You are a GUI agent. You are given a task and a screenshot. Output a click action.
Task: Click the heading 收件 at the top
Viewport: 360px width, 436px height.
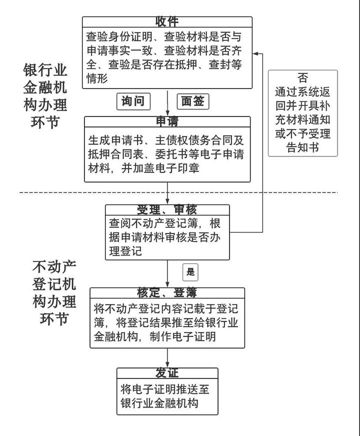tap(167, 21)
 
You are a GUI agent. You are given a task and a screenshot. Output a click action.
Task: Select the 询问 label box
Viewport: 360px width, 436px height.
tap(133, 101)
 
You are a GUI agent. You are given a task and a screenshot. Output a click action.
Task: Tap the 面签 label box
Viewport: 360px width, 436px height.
tap(192, 101)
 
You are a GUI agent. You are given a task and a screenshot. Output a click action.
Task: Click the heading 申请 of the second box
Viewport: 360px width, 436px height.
tap(167, 121)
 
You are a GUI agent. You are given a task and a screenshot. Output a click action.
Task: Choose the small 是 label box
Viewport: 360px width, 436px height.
tap(190, 272)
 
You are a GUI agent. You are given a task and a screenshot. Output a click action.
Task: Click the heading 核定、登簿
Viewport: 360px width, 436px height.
tap(167, 292)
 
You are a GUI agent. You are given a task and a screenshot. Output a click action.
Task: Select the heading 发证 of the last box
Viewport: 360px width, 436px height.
tap(167, 373)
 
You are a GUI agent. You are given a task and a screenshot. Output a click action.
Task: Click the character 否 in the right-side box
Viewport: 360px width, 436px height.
tap(302, 78)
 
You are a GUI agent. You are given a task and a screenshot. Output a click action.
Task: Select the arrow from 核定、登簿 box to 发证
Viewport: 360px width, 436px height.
tap(167, 358)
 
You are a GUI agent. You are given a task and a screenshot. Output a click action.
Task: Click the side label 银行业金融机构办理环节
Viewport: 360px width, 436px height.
tap(45, 95)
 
